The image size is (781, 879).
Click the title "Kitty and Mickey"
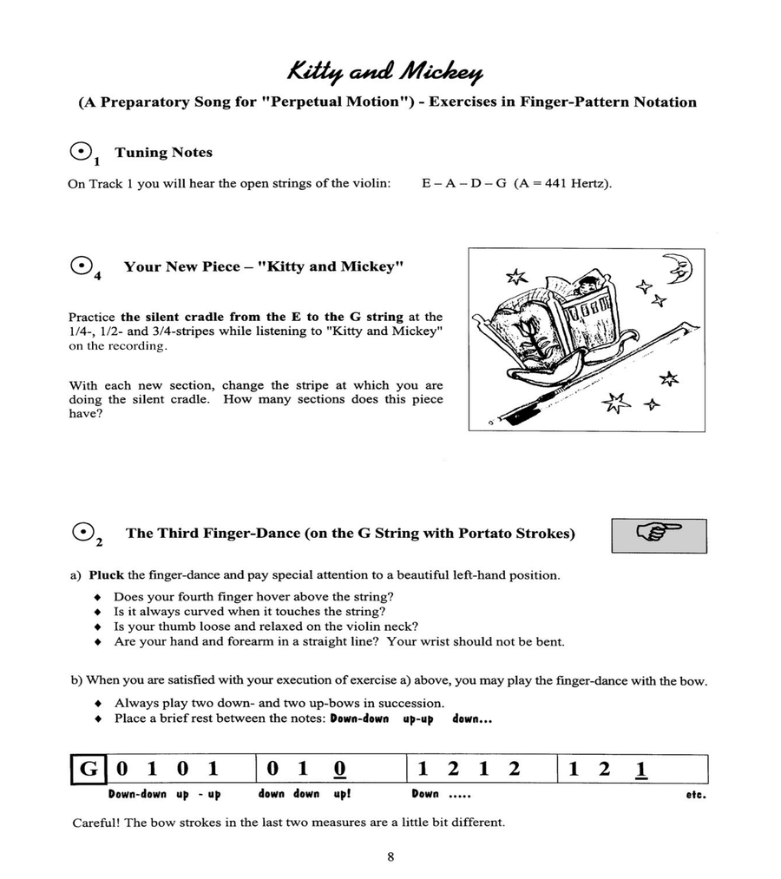point(386,70)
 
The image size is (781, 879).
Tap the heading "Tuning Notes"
point(163,153)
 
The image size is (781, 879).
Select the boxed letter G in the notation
point(89,769)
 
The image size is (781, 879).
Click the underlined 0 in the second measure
point(339,769)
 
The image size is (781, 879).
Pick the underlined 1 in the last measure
point(640,769)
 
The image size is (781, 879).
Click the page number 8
point(390,857)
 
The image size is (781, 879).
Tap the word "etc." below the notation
point(695,794)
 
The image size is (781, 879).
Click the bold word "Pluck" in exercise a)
point(107,575)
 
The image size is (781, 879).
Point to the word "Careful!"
point(97,823)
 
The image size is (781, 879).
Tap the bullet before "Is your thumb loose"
point(98,626)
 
